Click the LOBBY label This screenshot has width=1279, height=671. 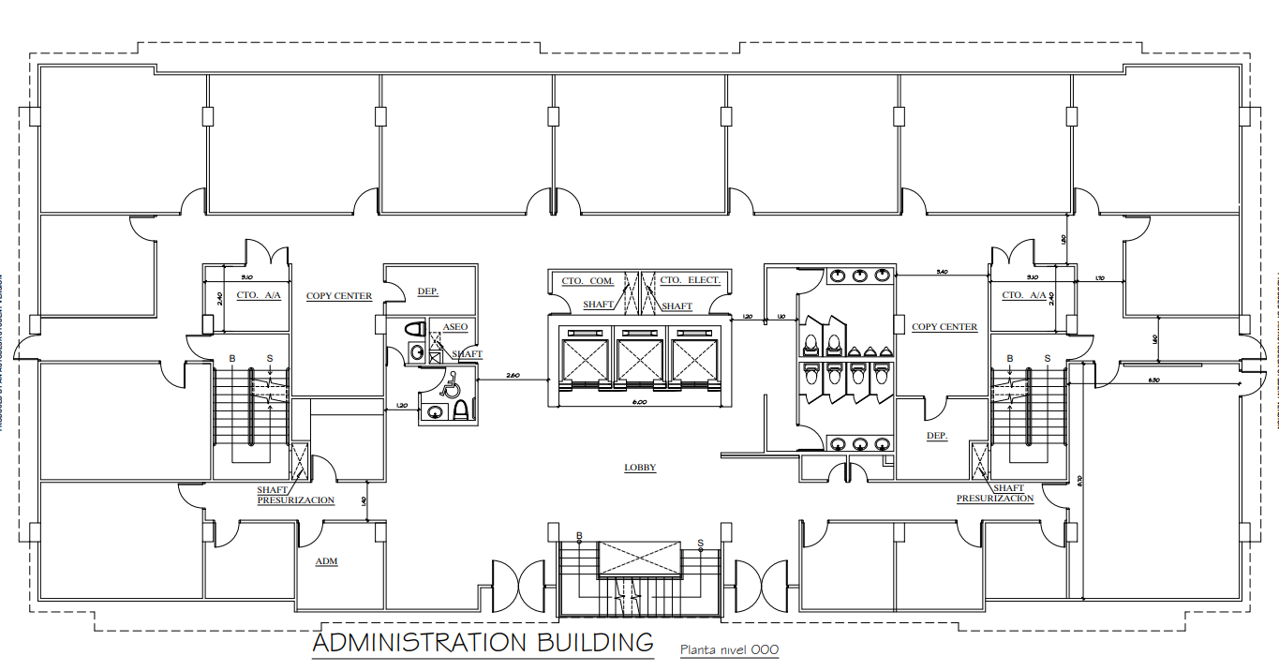point(641,468)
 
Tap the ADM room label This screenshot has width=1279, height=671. point(326,561)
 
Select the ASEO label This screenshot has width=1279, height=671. point(455,327)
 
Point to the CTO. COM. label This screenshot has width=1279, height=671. point(587,281)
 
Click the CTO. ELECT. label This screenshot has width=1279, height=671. point(690,280)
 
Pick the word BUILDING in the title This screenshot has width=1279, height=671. point(595,643)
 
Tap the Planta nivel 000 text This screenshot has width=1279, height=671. point(729,649)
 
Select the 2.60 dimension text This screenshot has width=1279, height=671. point(513,375)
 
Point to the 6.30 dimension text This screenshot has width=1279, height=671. point(1153,380)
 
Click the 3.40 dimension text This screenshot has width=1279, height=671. point(943,273)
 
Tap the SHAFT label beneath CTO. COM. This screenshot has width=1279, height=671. point(599,305)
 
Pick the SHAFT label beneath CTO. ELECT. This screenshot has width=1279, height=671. point(677,306)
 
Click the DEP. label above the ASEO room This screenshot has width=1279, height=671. point(428,291)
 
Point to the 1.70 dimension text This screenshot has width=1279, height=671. point(1101,278)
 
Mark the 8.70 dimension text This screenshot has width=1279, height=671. point(1080,481)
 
